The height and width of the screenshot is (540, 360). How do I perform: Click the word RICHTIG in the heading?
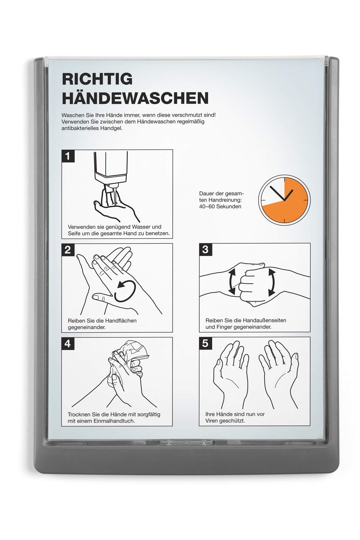97,79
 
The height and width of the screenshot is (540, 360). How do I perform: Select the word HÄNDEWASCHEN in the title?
135,98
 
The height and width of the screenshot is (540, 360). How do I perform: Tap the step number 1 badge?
68,156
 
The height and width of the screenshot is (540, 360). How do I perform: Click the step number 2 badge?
68,250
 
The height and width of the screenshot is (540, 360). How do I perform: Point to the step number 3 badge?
205,250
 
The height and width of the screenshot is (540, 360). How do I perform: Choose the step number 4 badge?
68,343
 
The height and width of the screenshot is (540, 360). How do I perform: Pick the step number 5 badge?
205,343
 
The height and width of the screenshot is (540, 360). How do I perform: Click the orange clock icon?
284,200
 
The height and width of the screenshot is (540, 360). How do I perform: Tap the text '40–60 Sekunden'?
220,206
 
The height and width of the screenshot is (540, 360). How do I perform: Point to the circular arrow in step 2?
125,291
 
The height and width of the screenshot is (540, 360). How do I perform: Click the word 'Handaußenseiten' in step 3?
264,321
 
